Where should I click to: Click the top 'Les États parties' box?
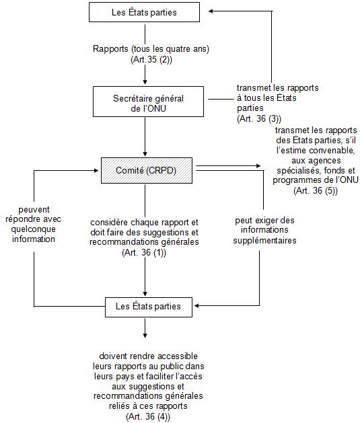click(x=145, y=12)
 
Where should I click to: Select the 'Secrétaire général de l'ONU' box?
click(x=148, y=102)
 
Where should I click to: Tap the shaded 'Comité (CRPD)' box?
click(x=147, y=171)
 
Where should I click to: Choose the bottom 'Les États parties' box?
click(x=149, y=307)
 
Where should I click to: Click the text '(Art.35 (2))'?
click(x=151, y=59)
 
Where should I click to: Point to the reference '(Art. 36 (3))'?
click(x=259, y=119)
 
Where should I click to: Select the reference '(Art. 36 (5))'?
click(x=316, y=190)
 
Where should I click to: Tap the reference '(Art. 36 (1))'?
click(x=144, y=252)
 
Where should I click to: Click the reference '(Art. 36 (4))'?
click(x=148, y=416)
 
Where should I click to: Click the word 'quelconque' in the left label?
click(x=34, y=229)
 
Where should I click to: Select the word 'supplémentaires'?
click(x=264, y=240)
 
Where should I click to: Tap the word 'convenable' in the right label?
click(x=333, y=151)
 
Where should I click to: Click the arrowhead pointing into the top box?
click(x=211, y=11)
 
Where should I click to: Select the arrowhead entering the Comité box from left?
click(x=96, y=171)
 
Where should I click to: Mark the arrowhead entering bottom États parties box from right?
click(x=196, y=306)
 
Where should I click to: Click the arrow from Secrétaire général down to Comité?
click(x=145, y=137)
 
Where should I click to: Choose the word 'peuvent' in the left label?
click(x=34, y=210)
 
